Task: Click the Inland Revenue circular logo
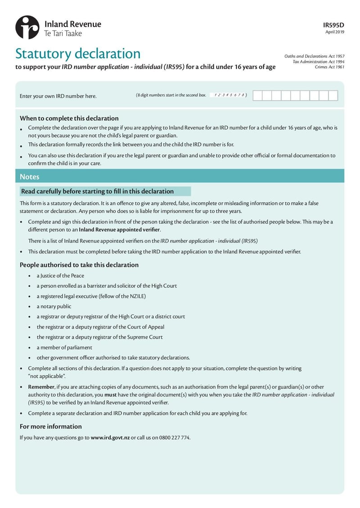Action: pyautogui.click(x=27, y=27)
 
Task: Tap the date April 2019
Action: pyautogui.click(x=335, y=32)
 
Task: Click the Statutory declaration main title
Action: pyautogui.click(x=78, y=54)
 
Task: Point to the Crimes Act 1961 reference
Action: pyautogui.click(x=330, y=67)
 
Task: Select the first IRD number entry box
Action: pyautogui.click(x=257, y=95)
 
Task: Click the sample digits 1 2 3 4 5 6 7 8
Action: pyautogui.click(x=229, y=95)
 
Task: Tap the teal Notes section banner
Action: pyautogui.click(x=180, y=177)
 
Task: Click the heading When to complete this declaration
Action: pyautogui.click(x=69, y=118)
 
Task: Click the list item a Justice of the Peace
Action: pyautogui.click(x=60, y=276)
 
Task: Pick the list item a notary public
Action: pyautogui.click(x=54, y=306)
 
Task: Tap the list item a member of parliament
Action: pyautogui.click(x=64, y=347)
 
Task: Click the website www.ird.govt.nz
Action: pyautogui.click(x=110, y=437)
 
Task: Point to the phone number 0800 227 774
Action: pyautogui.click(x=175, y=437)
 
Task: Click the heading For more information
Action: pyautogui.click(x=50, y=426)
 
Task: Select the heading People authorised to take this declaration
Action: pyautogui.click(x=79, y=265)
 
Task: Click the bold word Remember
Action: pyautogui.click(x=41, y=387)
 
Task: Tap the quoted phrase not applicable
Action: pyautogui.click(x=47, y=375)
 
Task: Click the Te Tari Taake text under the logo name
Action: pyautogui.click(x=63, y=33)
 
